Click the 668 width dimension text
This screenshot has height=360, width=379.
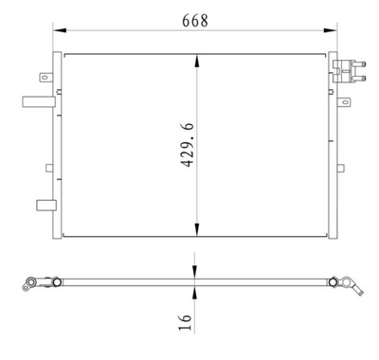pyautogui.click(x=196, y=19)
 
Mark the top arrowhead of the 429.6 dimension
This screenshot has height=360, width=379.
pyautogui.click(x=196, y=59)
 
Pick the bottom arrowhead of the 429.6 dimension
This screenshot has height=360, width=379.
pyautogui.click(x=196, y=231)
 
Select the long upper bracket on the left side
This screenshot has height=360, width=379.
pyautogui.click(x=36, y=99)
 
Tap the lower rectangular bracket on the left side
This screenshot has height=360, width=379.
pyautogui.click(x=43, y=204)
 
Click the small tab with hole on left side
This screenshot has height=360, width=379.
pyautogui.click(x=44, y=78)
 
